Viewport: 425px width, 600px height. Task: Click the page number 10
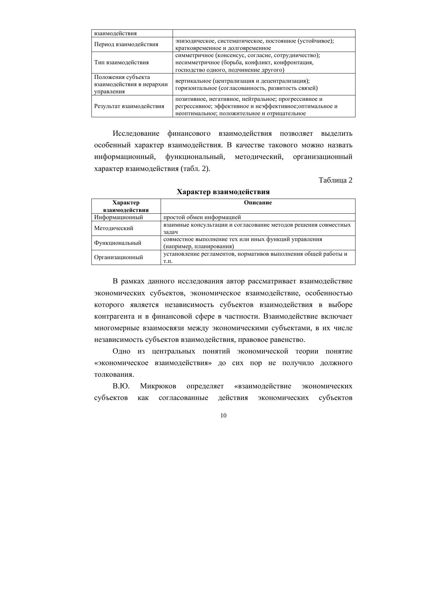point(223,415)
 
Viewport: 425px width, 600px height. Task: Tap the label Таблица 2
point(335,180)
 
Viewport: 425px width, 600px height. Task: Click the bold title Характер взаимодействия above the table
point(223,192)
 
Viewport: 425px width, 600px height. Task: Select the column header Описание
point(258,203)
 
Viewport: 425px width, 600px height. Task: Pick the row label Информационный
point(118,217)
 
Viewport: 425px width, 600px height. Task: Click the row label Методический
point(114,228)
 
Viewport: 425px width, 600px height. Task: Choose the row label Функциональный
point(118,243)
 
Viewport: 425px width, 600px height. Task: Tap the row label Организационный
point(118,257)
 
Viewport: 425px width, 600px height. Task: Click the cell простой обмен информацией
point(202,217)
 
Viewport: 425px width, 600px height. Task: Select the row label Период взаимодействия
point(126,44)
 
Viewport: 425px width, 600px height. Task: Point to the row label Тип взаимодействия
point(121,62)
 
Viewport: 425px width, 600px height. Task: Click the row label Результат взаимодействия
point(129,106)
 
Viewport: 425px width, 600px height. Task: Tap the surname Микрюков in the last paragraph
point(158,386)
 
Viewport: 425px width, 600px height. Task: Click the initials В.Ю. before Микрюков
point(121,386)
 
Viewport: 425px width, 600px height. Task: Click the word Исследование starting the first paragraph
point(136,133)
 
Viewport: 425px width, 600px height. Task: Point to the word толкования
point(114,374)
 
